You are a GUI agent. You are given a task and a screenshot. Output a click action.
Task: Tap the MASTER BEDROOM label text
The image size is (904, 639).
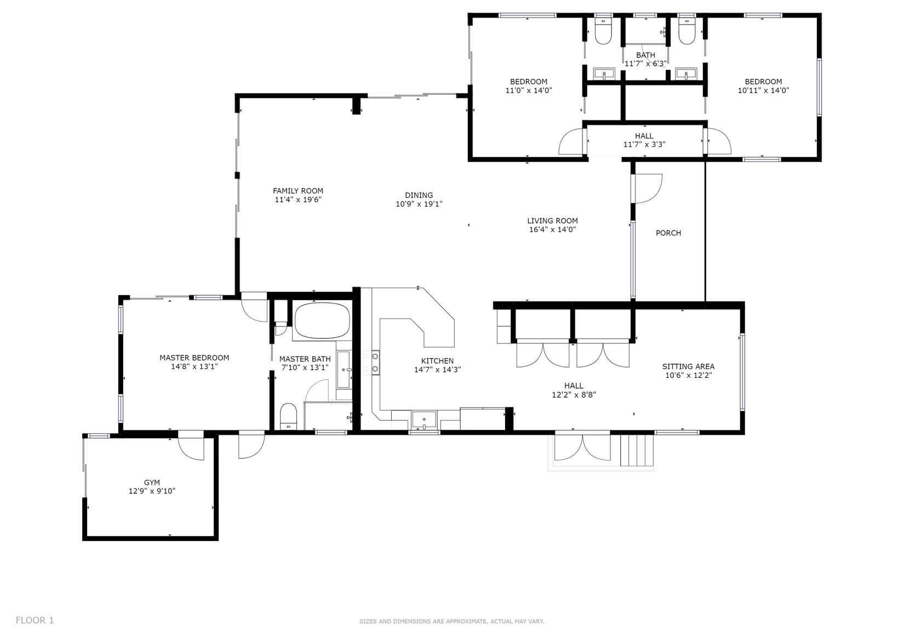(x=194, y=358)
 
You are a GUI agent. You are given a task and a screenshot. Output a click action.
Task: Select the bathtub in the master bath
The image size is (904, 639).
(x=322, y=321)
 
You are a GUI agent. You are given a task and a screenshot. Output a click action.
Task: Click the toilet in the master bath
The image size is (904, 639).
(x=288, y=416)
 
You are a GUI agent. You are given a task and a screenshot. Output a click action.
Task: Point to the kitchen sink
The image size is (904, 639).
(x=424, y=420)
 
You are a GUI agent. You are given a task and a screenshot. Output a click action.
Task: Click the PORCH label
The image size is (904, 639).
(x=668, y=233)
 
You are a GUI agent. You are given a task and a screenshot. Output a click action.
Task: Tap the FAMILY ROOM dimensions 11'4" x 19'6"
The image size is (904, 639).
(x=298, y=200)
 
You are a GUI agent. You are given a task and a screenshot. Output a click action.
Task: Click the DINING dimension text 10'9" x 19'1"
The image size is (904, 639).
(x=419, y=204)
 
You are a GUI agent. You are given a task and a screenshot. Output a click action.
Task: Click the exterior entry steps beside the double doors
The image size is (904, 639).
(x=637, y=450)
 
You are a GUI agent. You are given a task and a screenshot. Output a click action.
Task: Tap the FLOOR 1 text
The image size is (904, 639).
(x=35, y=620)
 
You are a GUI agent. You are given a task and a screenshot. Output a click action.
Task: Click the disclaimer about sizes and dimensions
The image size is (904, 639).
(x=451, y=621)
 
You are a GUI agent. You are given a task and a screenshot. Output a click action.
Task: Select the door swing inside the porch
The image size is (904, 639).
(x=648, y=189)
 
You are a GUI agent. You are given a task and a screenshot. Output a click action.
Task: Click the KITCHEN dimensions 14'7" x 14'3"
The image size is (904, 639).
(x=437, y=370)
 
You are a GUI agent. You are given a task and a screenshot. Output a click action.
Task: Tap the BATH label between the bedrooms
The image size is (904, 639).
(x=646, y=55)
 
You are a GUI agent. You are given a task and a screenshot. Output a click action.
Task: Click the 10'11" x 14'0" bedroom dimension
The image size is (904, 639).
(x=763, y=90)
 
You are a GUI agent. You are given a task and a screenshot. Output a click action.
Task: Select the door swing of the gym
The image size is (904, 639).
(x=191, y=448)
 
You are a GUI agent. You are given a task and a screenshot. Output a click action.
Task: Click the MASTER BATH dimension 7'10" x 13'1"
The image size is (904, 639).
(x=305, y=367)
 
